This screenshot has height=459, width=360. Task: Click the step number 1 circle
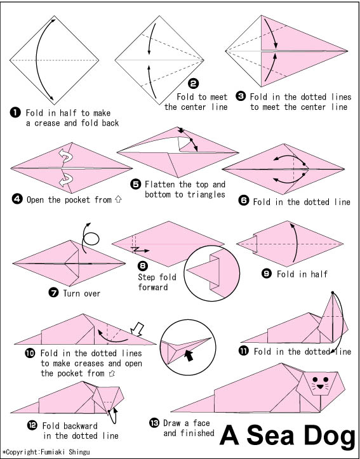tap(15, 113)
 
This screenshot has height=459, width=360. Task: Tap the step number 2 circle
tap(193, 84)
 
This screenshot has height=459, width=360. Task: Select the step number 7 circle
tap(53, 293)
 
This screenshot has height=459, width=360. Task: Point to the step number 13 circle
tap(154, 423)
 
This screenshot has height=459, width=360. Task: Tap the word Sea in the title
tap(270, 435)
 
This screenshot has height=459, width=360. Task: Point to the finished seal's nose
tap(320, 387)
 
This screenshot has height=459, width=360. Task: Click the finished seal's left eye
tap(315, 380)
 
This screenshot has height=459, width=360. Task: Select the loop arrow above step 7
tap(91, 239)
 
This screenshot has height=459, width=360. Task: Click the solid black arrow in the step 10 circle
tap(189, 356)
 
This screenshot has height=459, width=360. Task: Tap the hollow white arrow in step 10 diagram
tap(137, 329)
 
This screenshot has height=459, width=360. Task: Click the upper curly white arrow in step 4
tap(65, 155)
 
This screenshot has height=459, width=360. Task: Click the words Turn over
tap(82, 293)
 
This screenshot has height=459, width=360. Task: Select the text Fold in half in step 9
tap(302, 274)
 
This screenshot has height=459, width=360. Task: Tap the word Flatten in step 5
tap(161, 184)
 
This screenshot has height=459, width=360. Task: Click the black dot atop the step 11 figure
tap(333, 293)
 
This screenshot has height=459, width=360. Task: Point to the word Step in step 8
tap(148, 277)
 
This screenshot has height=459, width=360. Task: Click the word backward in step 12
tap(79, 425)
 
